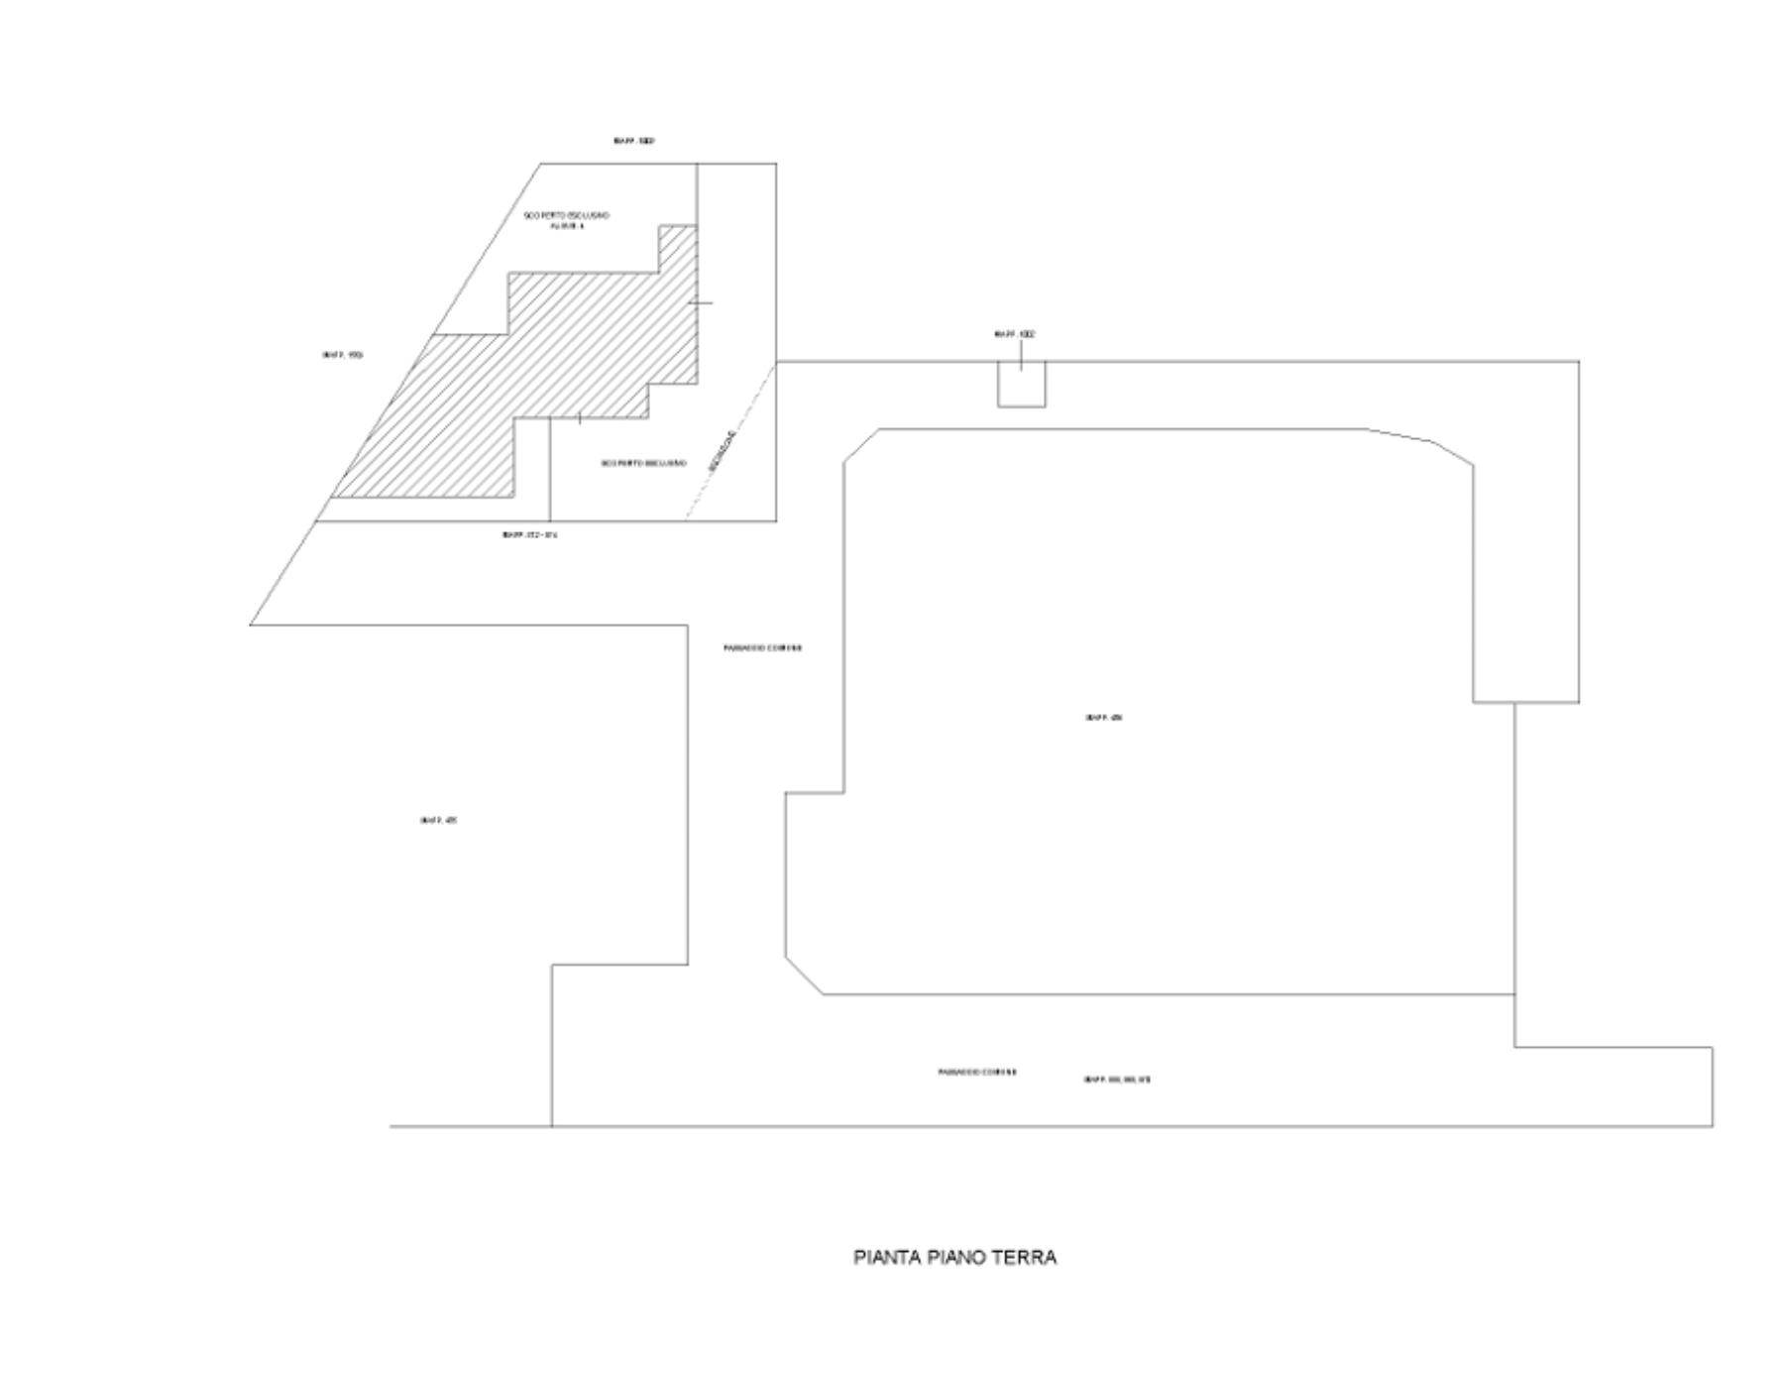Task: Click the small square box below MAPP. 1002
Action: point(1021,386)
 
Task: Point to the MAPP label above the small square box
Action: point(1015,335)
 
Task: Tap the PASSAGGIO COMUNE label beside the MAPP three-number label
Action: point(977,1073)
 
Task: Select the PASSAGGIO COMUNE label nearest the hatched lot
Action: point(762,648)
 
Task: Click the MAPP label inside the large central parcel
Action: point(1103,718)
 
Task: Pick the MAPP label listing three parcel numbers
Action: point(1117,1080)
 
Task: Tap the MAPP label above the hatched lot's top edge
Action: point(634,142)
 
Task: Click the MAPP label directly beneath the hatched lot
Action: point(530,535)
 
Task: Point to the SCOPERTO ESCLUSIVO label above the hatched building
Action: point(567,215)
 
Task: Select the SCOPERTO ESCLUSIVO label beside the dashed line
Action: point(644,463)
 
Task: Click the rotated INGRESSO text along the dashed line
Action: point(724,451)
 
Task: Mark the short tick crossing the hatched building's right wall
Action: point(700,302)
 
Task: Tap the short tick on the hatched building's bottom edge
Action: point(579,418)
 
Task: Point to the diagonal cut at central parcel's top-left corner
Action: point(860,445)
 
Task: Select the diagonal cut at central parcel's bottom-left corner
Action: point(804,977)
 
